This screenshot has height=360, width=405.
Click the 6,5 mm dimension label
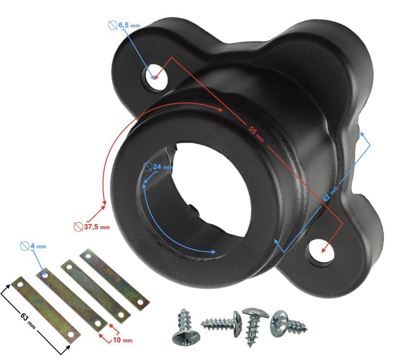(x=129, y=25)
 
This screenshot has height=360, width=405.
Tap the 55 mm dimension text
(x=256, y=134)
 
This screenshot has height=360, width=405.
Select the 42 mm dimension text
(x=330, y=194)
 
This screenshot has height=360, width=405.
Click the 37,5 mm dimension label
(x=97, y=227)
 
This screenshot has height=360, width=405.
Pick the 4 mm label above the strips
(x=38, y=246)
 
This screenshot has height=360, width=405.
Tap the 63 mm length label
(x=27, y=321)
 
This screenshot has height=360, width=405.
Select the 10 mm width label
(x=123, y=340)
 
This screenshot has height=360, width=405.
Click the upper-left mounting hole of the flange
(x=157, y=76)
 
